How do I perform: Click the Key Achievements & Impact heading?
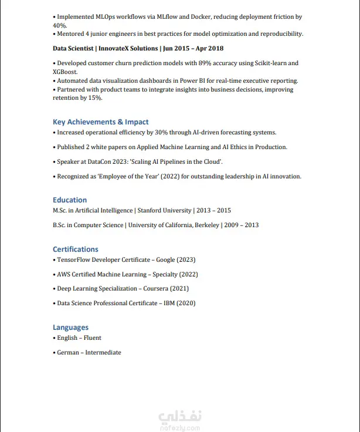coord(100,122)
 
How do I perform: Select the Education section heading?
coord(70,200)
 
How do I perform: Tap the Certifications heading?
coord(76,249)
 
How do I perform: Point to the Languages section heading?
coord(70,327)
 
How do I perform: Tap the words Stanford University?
coord(164,210)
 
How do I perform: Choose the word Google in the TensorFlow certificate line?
coord(165,259)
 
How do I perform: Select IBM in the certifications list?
coord(170,303)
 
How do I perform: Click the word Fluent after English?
coord(93,338)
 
